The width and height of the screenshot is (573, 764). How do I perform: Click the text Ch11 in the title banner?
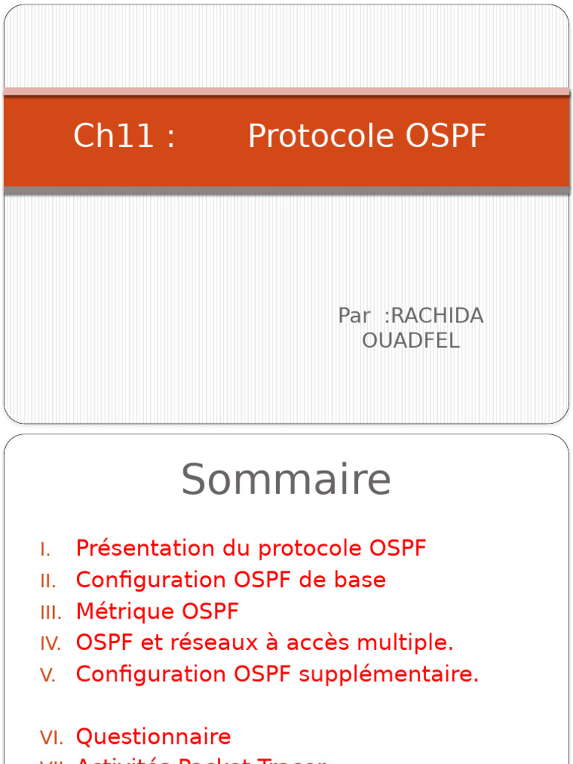click(x=113, y=137)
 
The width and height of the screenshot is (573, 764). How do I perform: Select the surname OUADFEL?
click(x=410, y=340)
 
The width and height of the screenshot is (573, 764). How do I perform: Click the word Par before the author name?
click(x=354, y=316)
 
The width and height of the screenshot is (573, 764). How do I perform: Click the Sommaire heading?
click(x=286, y=479)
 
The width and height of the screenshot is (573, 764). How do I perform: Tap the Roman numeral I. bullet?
click(x=46, y=550)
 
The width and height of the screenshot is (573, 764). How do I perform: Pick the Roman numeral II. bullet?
click(x=48, y=581)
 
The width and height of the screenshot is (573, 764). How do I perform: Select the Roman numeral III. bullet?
click(x=51, y=613)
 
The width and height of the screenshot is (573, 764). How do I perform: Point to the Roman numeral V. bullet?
click(x=48, y=675)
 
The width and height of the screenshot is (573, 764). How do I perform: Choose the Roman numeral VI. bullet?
click(x=51, y=738)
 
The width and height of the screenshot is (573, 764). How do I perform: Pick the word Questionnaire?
click(x=153, y=737)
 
